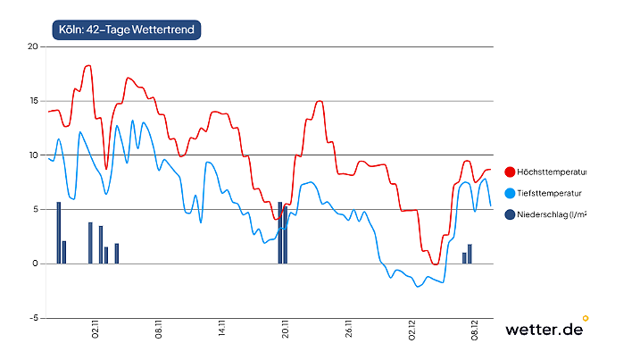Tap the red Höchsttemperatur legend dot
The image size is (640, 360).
(510, 172)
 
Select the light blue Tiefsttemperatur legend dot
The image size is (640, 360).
(510, 193)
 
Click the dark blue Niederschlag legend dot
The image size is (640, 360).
(510, 214)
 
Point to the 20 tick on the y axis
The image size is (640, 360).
(33, 46)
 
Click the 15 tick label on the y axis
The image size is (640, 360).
(33, 101)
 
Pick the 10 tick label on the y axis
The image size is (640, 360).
(33, 155)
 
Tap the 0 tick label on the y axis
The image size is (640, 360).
(36, 264)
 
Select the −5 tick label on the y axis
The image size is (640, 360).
(32, 318)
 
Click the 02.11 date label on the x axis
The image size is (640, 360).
(96, 332)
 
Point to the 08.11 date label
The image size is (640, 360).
(159, 332)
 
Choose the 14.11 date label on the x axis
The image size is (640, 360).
(222, 332)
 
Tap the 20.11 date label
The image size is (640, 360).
(286, 332)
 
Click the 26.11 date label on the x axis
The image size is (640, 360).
(349, 332)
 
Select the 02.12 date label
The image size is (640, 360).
(412, 332)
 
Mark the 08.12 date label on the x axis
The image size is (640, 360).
(476, 332)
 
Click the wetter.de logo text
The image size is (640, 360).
(544, 329)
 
